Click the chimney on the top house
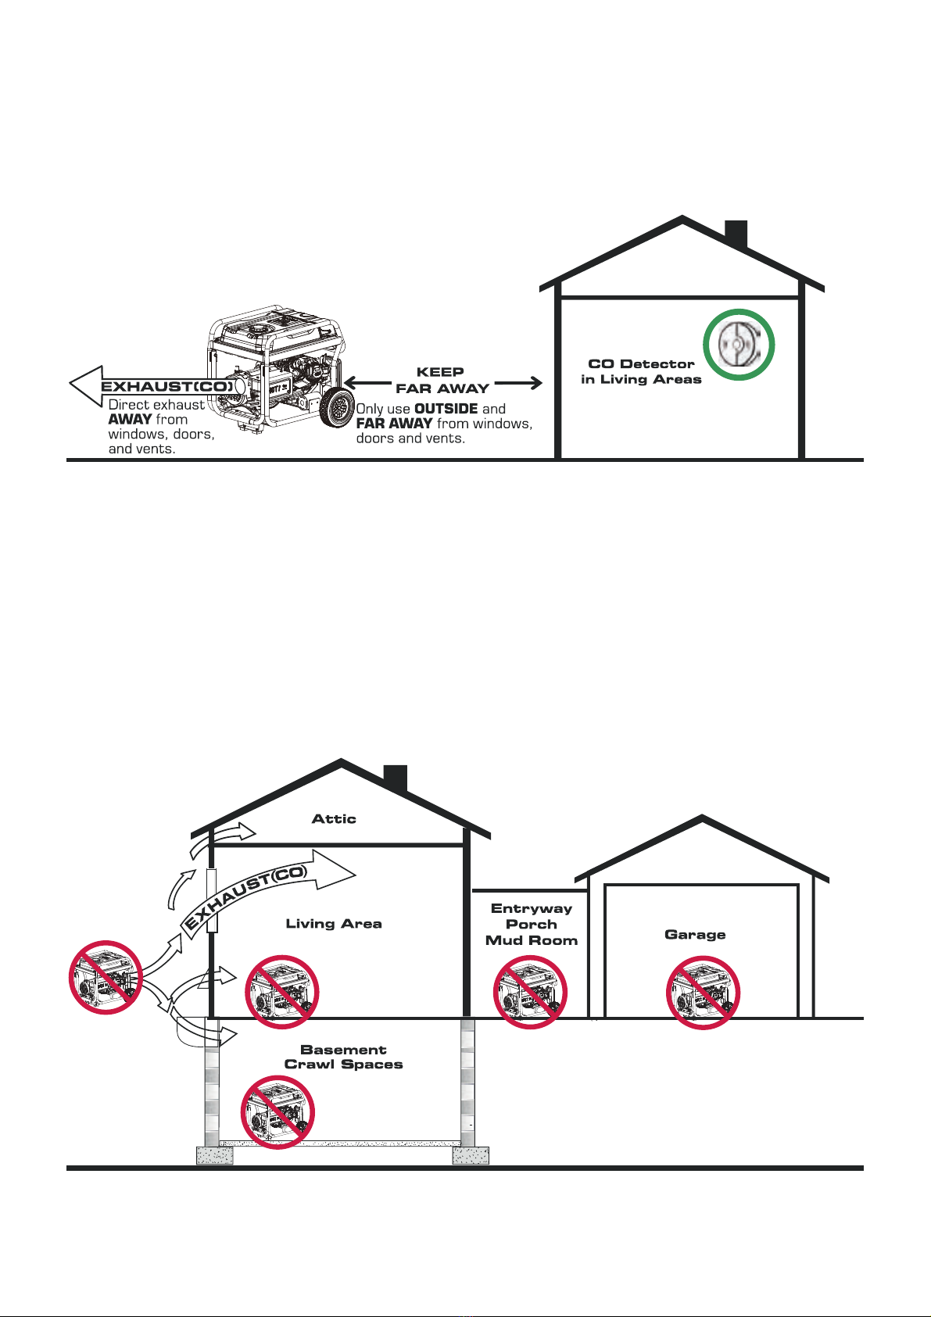(x=736, y=234)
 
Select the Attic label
(x=334, y=818)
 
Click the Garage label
(x=695, y=934)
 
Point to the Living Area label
(x=334, y=923)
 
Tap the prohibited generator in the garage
(x=703, y=993)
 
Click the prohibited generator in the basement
(x=278, y=1112)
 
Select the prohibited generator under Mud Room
(x=530, y=992)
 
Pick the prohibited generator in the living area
(x=281, y=992)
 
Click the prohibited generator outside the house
(x=106, y=977)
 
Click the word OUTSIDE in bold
(x=446, y=409)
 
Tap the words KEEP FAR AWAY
(x=442, y=380)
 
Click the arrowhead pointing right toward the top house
(x=535, y=383)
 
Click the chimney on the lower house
(x=396, y=777)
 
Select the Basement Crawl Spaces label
(x=343, y=1057)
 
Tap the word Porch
(x=531, y=925)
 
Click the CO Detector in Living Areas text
(x=641, y=371)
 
